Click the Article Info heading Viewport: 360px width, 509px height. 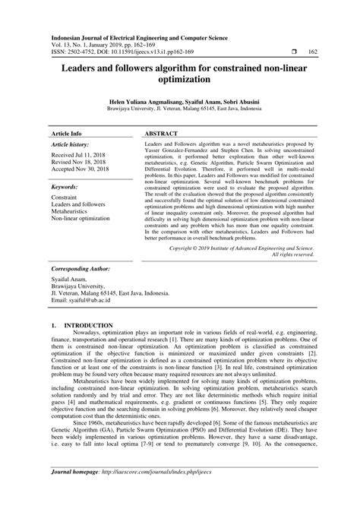[66, 132]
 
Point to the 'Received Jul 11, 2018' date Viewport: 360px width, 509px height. [78, 154]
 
